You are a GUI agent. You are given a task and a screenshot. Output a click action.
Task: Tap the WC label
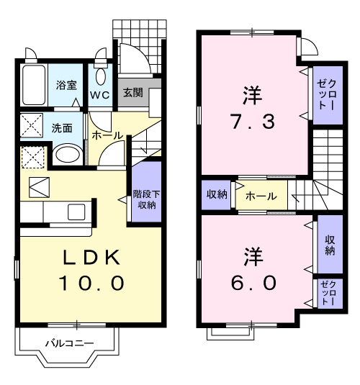(99, 94)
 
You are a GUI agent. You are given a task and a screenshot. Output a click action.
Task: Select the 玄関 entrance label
(132, 93)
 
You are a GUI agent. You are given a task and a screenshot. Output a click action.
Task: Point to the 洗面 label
(61, 129)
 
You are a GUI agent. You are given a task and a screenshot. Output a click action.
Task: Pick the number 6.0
(252, 282)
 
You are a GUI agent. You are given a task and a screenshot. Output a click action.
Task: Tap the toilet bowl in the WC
(100, 76)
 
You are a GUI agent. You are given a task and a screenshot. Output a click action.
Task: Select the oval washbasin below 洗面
(68, 154)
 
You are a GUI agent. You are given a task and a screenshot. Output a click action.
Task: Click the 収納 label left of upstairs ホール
(217, 194)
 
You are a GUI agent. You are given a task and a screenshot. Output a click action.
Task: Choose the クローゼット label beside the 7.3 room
(321, 94)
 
